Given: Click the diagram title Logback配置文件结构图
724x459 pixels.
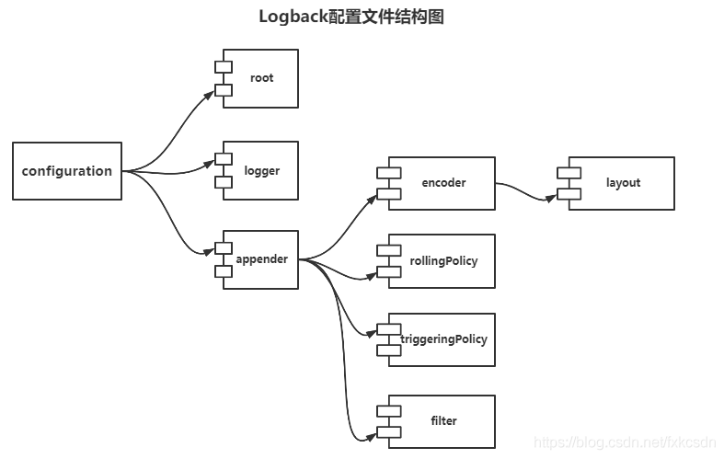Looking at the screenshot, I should click(351, 17).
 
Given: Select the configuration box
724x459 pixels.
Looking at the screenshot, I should click(67, 171).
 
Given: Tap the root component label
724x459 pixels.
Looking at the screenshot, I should click(261, 78).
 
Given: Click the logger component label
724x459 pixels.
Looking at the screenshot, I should click(261, 170).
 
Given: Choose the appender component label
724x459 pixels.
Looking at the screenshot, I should click(261, 259).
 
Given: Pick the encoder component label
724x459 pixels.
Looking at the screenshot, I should click(443, 183).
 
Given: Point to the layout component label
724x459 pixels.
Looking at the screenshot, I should click(623, 183).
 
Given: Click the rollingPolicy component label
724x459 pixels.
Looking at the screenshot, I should click(443, 261).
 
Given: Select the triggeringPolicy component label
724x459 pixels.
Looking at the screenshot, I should click(443, 339).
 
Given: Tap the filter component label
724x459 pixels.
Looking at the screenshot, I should click(443, 421).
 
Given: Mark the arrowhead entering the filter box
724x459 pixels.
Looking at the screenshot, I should click(372, 433).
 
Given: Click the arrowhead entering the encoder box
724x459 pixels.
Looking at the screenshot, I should click(372, 195).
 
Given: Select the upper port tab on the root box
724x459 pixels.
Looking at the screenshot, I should click(223, 66).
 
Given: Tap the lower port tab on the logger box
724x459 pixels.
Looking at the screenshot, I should click(223, 182).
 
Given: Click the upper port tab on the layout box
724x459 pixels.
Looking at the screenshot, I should click(569, 172).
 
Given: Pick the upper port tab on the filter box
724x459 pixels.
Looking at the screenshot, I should click(388, 410).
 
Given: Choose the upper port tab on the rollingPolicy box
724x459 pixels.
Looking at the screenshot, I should click(388, 249).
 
